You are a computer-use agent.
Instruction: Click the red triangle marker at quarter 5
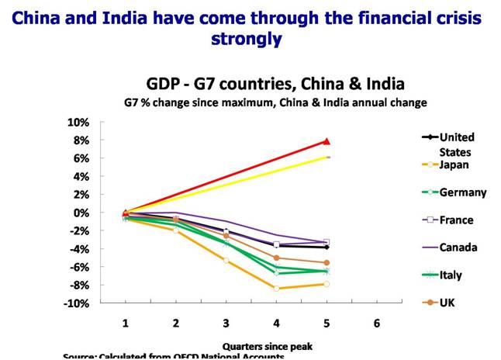[x=327, y=141]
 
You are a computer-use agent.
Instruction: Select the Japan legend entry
[x=452, y=164]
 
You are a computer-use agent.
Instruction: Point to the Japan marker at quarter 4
[x=277, y=288]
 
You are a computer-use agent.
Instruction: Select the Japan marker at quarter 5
[x=327, y=284]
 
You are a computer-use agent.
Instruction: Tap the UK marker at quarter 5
[x=327, y=263]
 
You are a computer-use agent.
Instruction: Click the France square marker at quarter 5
[x=327, y=242]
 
